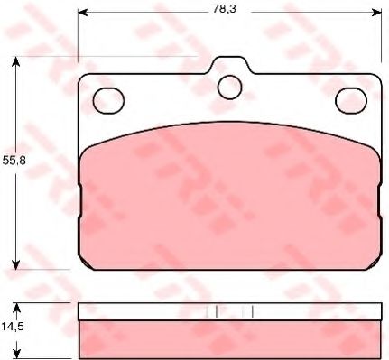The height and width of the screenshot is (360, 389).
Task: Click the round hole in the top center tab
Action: click(230, 87)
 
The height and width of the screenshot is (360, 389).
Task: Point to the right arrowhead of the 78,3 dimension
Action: click(373, 13)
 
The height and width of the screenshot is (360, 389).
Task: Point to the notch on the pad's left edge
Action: click(80, 187)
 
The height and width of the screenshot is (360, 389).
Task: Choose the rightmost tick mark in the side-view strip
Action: click(253, 311)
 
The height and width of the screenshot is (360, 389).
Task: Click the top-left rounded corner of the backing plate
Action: click(83, 78)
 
